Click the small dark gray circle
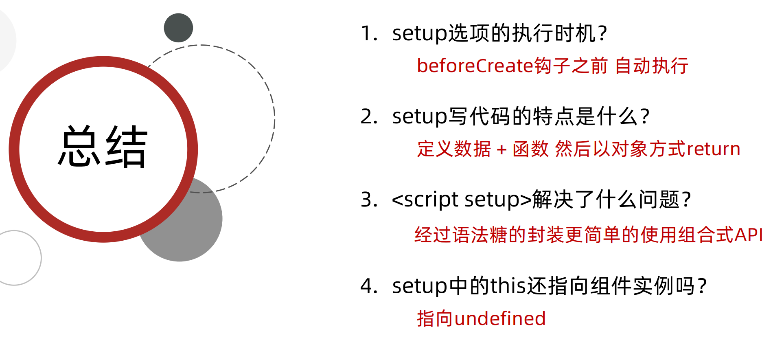[x=178, y=28]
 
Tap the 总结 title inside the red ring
[x=103, y=147]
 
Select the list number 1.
[x=368, y=33]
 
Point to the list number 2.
[x=368, y=116]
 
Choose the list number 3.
[x=368, y=200]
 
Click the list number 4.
[x=368, y=286]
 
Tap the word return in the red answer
[x=713, y=149]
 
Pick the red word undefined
[x=500, y=318]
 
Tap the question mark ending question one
[x=603, y=33]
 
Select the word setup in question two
[x=419, y=117]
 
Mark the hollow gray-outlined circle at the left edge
[x=16, y=258]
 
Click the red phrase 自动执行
[x=651, y=66]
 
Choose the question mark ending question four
[x=702, y=286]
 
